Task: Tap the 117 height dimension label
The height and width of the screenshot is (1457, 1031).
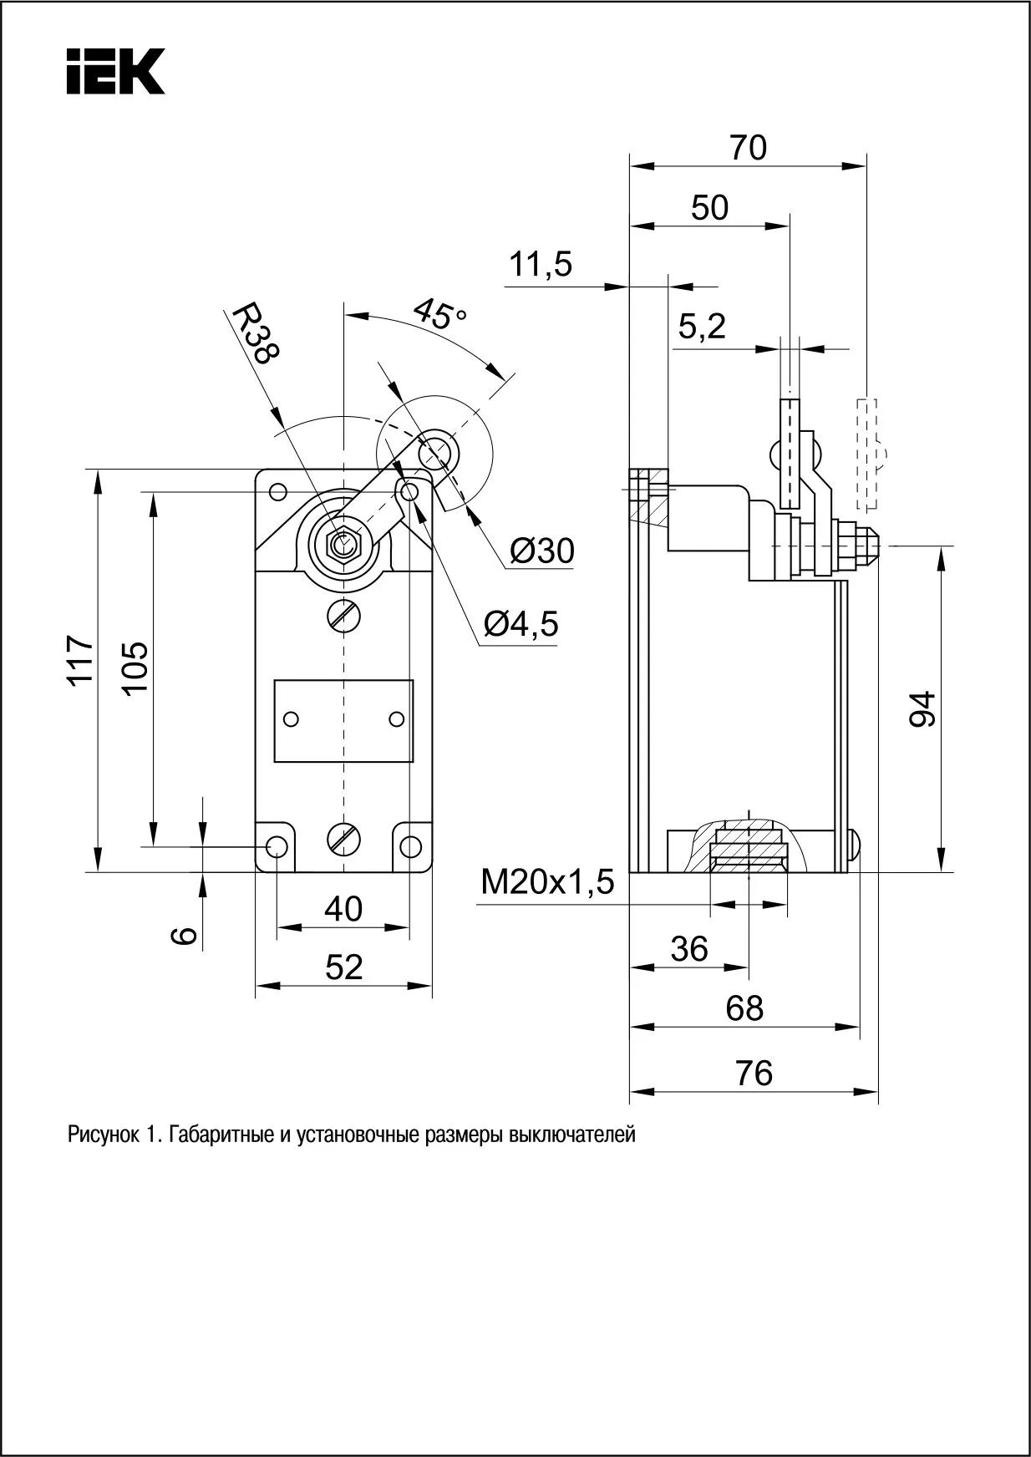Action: [x=82, y=660]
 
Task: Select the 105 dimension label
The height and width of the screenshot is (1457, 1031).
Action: [x=135, y=667]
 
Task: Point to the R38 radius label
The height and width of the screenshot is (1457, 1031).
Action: [x=254, y=333]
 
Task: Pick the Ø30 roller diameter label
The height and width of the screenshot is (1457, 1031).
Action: [x=542, y=551]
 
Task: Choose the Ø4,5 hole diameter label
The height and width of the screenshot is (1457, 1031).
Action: [x=521, y=623]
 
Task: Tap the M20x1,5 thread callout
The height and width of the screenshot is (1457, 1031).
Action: [x=547, y=882]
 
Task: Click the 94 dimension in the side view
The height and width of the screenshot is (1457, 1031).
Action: [x=922, y=709]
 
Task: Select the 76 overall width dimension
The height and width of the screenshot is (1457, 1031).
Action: [x=754, y=1073]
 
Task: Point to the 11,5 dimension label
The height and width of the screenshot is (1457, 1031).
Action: [x=541, y=265]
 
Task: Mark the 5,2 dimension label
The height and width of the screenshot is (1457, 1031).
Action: [x=702, y=327]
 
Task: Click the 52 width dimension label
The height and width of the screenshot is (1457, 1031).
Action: [x=343, y=967]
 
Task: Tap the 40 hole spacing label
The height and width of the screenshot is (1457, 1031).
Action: [x=343, y=909]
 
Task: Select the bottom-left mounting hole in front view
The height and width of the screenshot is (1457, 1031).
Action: [x=277, y=846]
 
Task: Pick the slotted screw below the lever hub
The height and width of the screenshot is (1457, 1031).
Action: [x=343, y=616]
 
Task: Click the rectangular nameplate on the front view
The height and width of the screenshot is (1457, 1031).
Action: [x=343, y=720]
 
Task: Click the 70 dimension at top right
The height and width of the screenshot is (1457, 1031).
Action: [x=748, y=148]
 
